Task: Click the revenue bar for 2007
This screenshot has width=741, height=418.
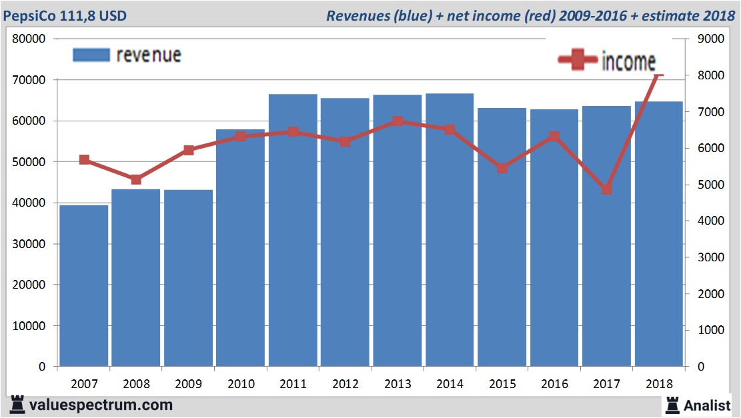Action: click(84, 287)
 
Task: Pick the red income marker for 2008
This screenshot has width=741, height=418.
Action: click(136, 179)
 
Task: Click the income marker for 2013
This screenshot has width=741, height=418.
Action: click(398, 121)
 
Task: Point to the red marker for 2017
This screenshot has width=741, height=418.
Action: click(606, 189)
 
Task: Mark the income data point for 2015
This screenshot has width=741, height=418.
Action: click(502, 168)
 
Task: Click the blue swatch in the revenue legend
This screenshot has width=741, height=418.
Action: click(91, 55)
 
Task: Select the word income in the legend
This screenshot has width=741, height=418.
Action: click(628, 61)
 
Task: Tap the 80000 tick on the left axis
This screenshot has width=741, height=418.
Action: click(29, 39)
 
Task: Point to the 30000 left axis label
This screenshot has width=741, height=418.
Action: click(29, 244)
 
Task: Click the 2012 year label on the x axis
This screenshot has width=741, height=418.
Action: click(345, 384)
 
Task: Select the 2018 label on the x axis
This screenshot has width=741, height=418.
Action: click(659, 384)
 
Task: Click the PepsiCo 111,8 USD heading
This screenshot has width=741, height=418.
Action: click(65, 15)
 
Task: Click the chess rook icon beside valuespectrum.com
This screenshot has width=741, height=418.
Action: click(15, 404)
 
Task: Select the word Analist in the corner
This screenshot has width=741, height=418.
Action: click(708, 405)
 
